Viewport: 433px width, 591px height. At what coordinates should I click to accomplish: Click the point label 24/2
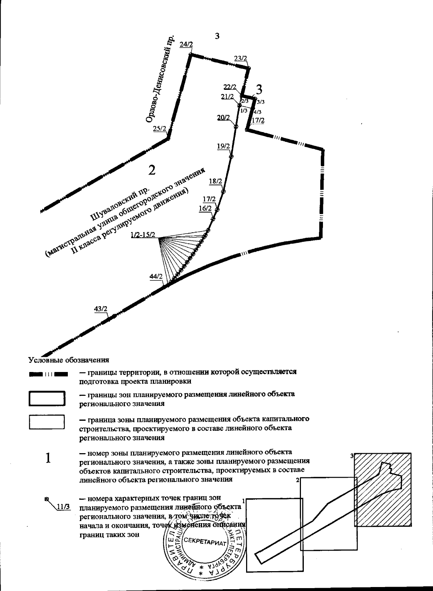click(186, 44)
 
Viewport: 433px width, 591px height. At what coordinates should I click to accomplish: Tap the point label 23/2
click(240, 58)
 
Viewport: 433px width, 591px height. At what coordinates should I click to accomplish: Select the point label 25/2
click(159, 128)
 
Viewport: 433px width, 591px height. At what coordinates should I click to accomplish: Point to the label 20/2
click(224, 117)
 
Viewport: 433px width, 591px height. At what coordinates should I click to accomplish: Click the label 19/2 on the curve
click(223, 146)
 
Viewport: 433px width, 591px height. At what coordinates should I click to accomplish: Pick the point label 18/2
click(215, 181)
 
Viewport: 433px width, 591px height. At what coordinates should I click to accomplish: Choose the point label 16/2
click(205, 208)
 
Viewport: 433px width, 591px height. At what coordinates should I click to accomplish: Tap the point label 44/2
click(156, 277)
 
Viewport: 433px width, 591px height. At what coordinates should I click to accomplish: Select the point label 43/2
click(100, 309)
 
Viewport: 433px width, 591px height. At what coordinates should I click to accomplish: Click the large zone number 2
click(152, 170)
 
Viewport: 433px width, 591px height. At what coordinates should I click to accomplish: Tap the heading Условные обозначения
click(69, 360)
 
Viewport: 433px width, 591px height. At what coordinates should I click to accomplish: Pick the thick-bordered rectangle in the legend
click(47, 399)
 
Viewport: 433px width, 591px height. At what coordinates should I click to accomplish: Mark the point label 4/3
click(258, 112)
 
